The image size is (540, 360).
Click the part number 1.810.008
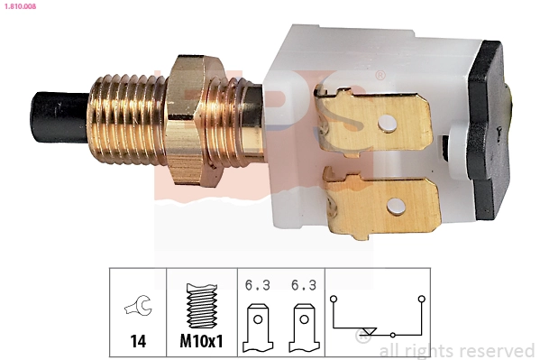[19, 6]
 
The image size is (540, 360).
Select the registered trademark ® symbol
[381, 74]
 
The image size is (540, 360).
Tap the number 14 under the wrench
[138, 343]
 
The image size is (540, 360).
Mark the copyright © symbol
[365, 341]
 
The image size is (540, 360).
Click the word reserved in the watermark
[494, 350]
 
